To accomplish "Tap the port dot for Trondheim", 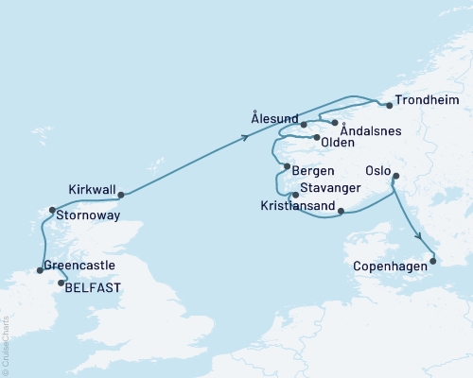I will click(389, 106).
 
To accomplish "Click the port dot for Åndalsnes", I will click(334, 123).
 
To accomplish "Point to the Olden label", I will click(339, 143).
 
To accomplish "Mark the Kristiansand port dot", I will click(340, 212).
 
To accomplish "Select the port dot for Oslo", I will click(395, 176).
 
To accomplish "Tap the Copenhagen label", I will click(390, 267).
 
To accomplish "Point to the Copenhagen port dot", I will click(433, 261).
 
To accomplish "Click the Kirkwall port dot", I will click(121, 196).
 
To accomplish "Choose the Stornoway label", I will click(89, 215).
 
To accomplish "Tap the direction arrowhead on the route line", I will click(246, 138).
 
